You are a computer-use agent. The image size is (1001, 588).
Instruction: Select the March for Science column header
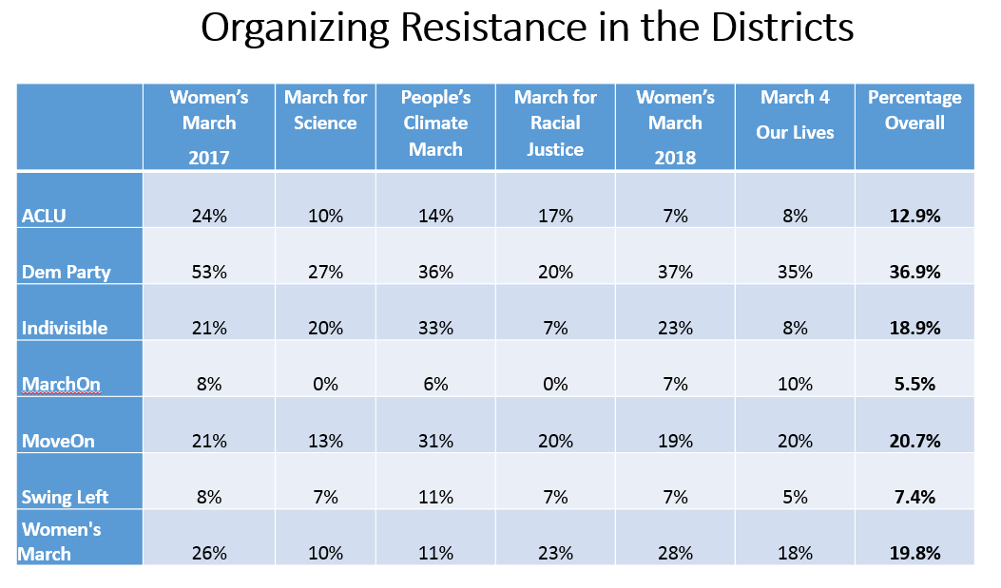pos(325,110)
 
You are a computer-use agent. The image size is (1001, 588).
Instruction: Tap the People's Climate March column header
pos(435,123)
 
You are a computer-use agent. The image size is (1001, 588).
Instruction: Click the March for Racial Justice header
pos(555,123)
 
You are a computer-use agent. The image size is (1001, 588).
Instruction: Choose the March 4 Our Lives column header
pos(795,115)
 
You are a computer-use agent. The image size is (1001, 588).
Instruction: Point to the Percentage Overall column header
pos(914,110)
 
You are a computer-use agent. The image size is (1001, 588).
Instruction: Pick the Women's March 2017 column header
pos(209,127)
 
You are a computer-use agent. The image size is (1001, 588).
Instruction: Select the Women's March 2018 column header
pos(675,127)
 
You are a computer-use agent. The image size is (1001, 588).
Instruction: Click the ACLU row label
pos(43,216)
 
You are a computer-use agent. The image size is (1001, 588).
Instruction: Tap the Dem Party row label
pos(66,272)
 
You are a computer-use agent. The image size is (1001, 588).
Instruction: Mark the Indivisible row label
pos(65,328)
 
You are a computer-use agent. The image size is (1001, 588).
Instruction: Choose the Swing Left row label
pos(65,496)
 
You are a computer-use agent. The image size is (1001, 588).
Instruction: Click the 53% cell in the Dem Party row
pos(209,273)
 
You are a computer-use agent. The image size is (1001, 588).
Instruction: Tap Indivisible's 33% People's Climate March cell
pos(435,329)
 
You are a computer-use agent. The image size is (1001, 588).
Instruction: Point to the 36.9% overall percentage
pos(914,273)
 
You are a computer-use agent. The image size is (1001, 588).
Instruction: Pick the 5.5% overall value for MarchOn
pos(914,385)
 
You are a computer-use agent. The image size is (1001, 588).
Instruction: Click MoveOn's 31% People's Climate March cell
pos(435,441)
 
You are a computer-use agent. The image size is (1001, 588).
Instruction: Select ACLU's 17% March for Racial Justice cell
pos(555,217)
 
